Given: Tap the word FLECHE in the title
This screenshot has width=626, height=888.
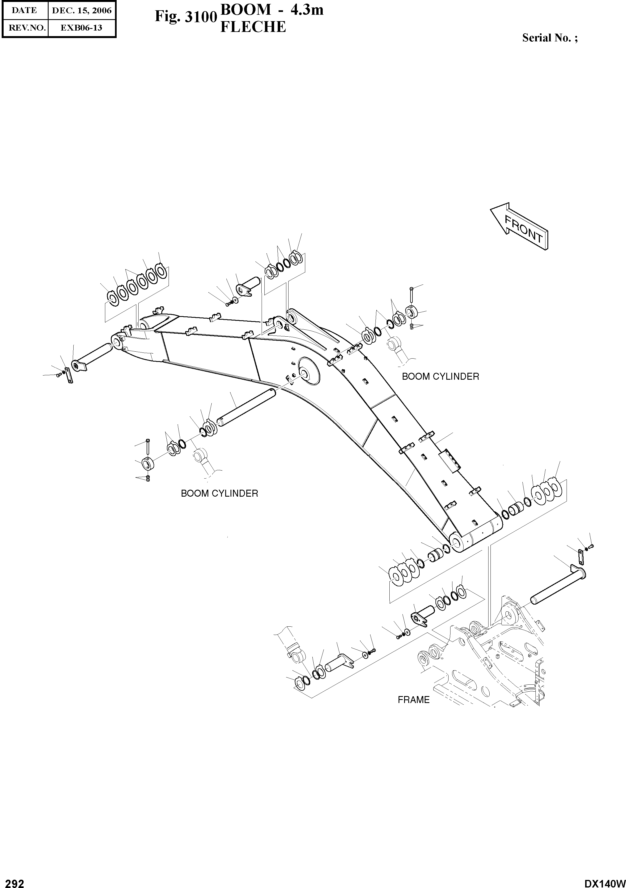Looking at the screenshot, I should pyautogui.click(x=253, y=27).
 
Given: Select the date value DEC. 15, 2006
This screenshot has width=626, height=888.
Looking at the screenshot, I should pyautogui.click(x=82, y=11).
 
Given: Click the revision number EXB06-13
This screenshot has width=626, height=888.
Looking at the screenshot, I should pyautogui.click(x=82, y=27).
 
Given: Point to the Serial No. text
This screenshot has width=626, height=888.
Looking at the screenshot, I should pyautogui.click(x=550, y=38).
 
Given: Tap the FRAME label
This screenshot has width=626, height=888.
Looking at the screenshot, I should pyautogui.click(x=413, y=700).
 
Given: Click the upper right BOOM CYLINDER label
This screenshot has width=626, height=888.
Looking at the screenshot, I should pyautogui.click(x=440, y=376).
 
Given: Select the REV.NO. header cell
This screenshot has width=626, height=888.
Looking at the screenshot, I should pyautogui.click(x=25, y=27).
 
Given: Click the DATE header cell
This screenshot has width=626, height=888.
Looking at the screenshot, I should pyautogui.click(x=24, y=11).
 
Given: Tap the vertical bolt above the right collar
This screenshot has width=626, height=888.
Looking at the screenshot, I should pyautogui.click(x=411, y=295).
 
